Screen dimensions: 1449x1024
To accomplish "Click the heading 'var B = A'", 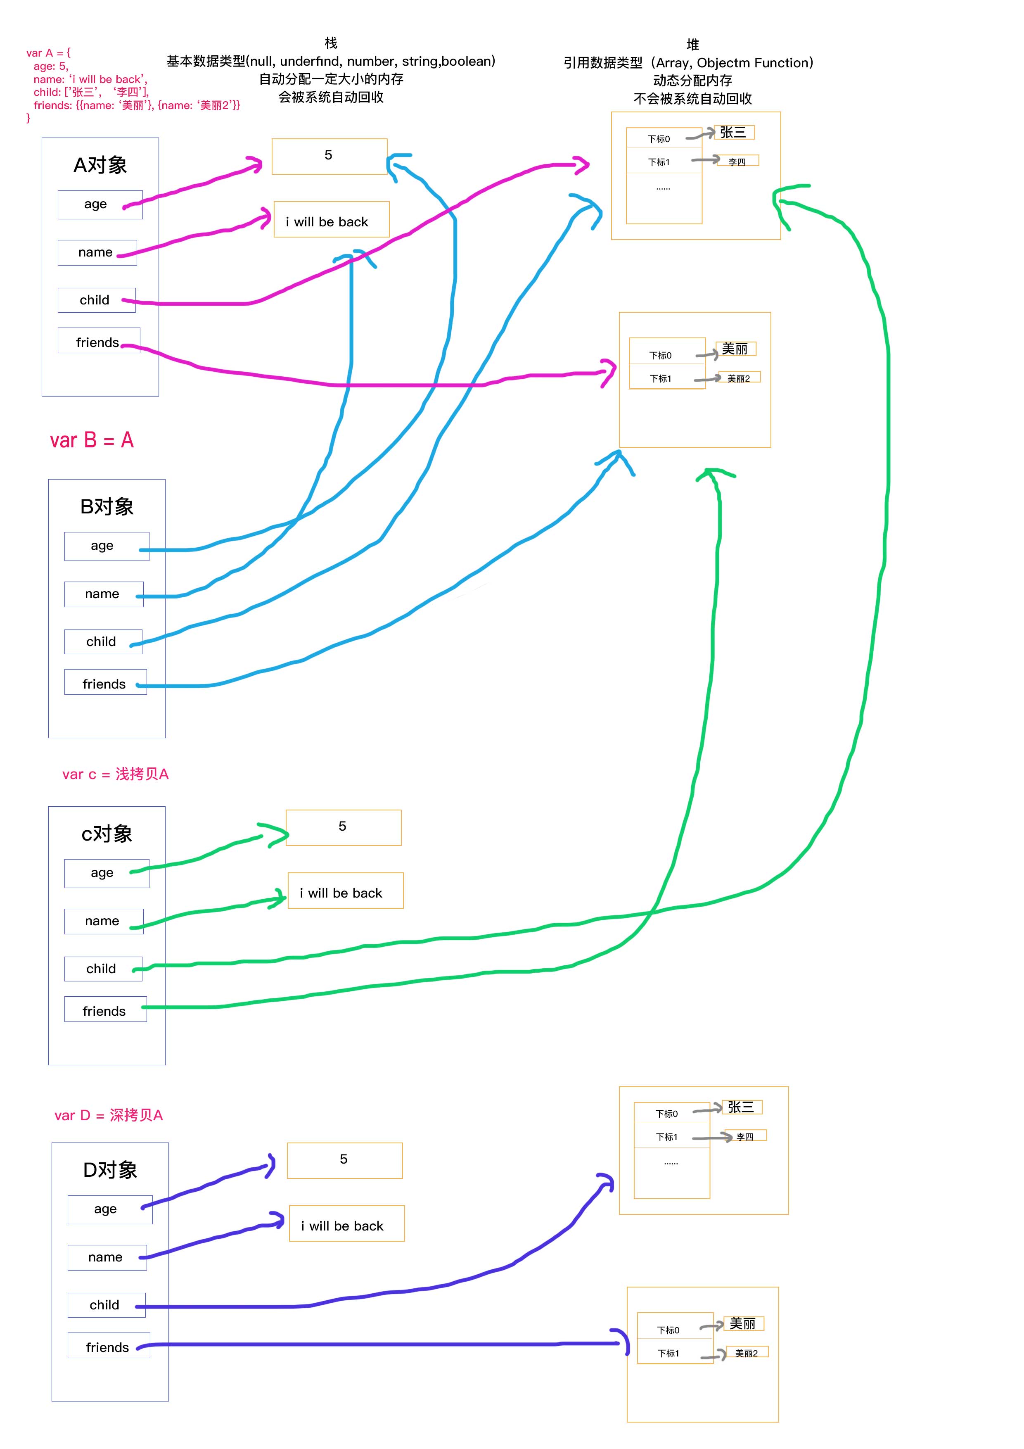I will pyautogui.click(x=92, y=440).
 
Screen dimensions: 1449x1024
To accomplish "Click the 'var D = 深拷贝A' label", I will pyautogui.click(x=109, y=1115).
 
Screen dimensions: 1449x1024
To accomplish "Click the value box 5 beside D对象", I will pyautogui.click(x=344, y=1160).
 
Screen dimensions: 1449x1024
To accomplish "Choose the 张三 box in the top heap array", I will pyautogui.click(x=733, y=133).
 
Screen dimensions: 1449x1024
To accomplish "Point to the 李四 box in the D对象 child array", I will pyautogui.click(x=745, y=1136).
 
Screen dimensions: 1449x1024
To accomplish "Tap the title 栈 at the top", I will pyautogui.click(x=331, y=43).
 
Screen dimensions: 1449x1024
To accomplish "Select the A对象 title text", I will pyautogui.click(x=100, y=165).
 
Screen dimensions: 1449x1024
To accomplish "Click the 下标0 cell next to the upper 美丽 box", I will pyautogui.click(x=661, y=355).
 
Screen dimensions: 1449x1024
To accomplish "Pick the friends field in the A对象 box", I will pyautogui.click(x=98, y=342).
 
